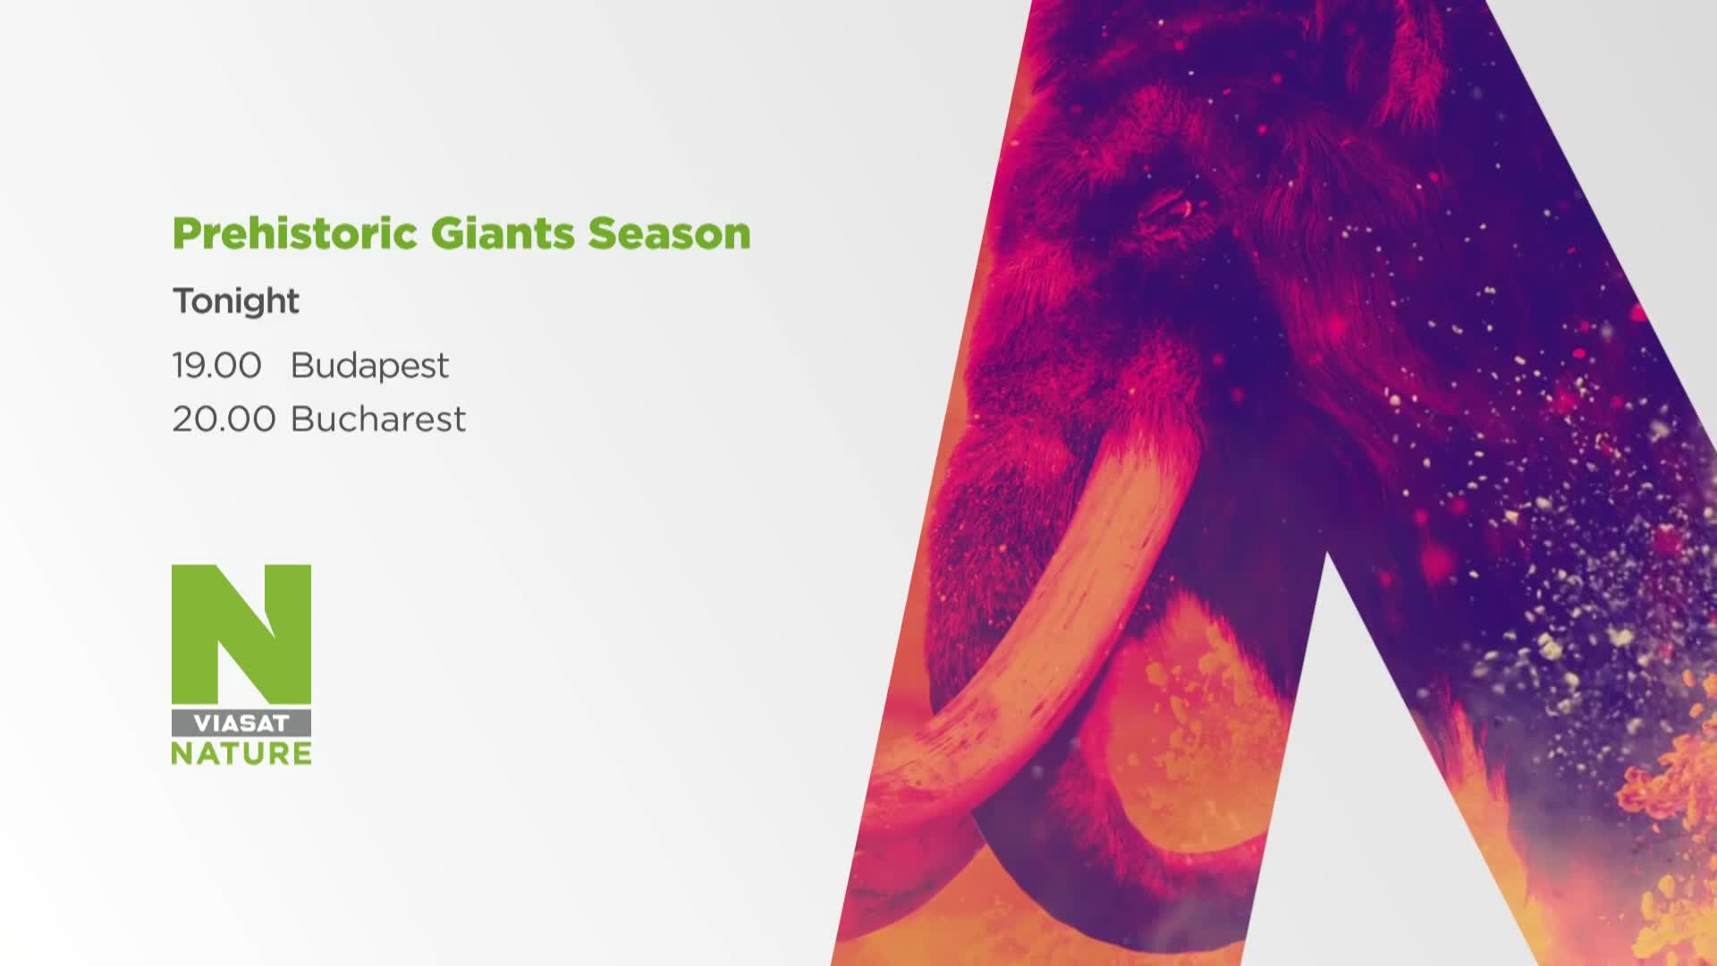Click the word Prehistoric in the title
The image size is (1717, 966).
pos(295,233)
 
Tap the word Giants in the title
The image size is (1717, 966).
pos(502,233)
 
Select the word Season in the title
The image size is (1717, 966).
pos(669,233)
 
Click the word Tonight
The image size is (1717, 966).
pos(236,302)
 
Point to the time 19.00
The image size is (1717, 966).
pos(217,365)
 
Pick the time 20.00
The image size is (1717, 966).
pos(224,419)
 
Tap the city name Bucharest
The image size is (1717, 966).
pos(378,419)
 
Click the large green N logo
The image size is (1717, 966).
pos(241,633)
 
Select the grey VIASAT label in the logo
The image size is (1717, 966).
pos(241,724)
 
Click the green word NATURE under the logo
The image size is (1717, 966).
pos(241,753)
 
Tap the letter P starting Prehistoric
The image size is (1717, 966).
pos(185,233)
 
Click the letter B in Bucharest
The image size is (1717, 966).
pos(302,419)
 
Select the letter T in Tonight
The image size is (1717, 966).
pos(185,301)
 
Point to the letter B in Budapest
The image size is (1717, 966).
pos(302,365)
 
